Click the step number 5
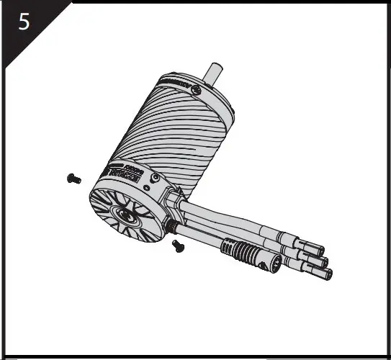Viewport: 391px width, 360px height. click(x=24, y=22)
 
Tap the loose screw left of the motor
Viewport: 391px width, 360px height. click(x=71, y=177)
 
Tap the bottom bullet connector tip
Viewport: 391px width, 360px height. click(x=328, y=274)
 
